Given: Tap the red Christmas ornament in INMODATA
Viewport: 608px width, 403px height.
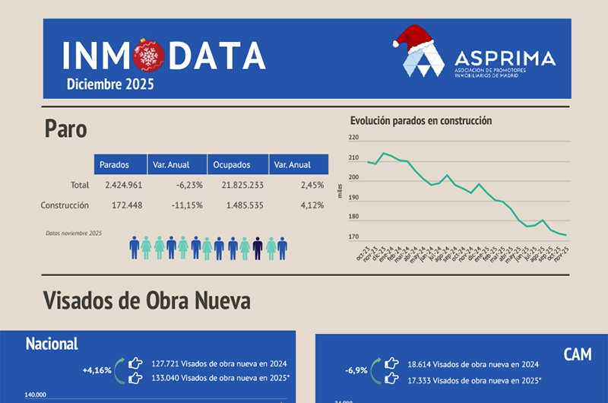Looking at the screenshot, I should click(146, 56).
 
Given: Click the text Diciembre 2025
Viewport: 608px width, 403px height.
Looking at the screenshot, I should click(110, 84).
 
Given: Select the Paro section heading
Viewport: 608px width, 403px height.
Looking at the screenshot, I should click(65, 129).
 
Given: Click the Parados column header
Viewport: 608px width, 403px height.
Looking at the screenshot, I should click(113, 164).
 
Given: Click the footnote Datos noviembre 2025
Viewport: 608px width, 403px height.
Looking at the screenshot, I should click(74, 233).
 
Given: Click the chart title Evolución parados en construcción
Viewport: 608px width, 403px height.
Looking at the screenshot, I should click(421, 120).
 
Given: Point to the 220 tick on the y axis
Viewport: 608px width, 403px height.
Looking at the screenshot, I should click(353, 138).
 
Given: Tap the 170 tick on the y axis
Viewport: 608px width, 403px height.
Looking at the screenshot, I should click(353, 237).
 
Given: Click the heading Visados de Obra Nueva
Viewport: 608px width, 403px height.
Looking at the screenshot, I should click(147, 300).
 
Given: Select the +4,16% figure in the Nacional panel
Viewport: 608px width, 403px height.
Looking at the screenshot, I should click(97, 370).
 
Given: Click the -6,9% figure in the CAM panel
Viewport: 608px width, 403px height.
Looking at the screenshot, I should click(356, 370).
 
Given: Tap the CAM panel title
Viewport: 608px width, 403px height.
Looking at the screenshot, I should click(578, 354).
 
